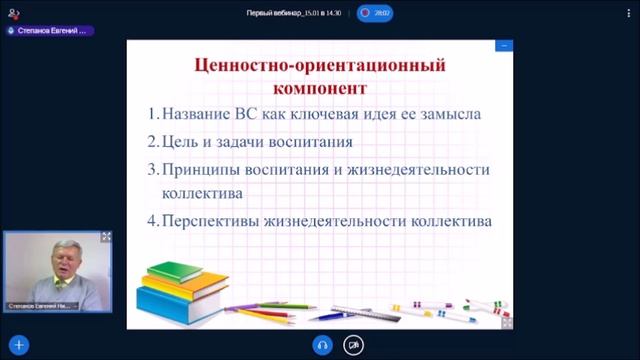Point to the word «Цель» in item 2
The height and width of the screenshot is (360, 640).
tap(180, 141)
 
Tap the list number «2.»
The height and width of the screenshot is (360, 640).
tap(153, 141)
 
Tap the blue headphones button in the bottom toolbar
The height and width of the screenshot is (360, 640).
tap(322, 345)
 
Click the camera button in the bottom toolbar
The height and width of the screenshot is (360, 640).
tap(353, 345)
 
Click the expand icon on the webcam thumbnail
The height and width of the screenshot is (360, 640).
tap(107, 237)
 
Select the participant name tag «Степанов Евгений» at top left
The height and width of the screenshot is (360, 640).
tap(52, 31)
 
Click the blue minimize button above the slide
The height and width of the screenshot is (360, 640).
tap(505, 45)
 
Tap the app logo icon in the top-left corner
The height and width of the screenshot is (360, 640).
tap(13, 13)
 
